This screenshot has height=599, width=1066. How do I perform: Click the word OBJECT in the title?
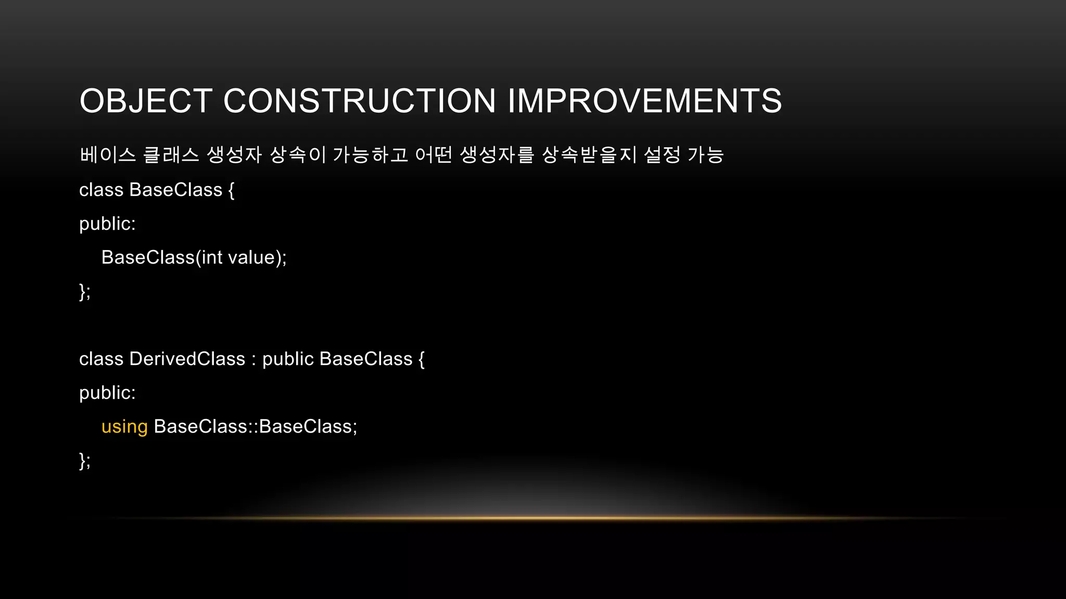click(146, 100)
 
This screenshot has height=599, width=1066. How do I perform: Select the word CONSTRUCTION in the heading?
click(359, 100)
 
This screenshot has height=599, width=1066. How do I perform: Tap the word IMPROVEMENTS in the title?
click(644, 100)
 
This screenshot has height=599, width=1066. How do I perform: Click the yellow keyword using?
click(124, 427)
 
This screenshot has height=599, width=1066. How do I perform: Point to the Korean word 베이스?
click(108, 155)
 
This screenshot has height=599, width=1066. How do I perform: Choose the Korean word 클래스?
click(171, 155)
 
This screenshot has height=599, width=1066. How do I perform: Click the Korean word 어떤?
click(434, 155)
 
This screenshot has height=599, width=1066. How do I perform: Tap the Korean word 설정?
click(662, 155)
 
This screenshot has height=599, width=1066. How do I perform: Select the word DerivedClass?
click(187, 359)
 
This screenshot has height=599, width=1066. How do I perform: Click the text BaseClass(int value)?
click(194, 257)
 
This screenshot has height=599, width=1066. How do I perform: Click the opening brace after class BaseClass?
click(231, 190)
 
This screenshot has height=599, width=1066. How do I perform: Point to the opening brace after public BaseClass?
click(421, 359)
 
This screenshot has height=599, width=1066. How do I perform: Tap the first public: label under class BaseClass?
click(107, 224)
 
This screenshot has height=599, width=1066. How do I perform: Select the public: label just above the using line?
click(107, 393)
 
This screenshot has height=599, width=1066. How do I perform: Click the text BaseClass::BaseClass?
click(256, 427)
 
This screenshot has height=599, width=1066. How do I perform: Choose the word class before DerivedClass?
click(101, 359)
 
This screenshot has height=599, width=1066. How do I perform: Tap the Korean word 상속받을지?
click(589, 155)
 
